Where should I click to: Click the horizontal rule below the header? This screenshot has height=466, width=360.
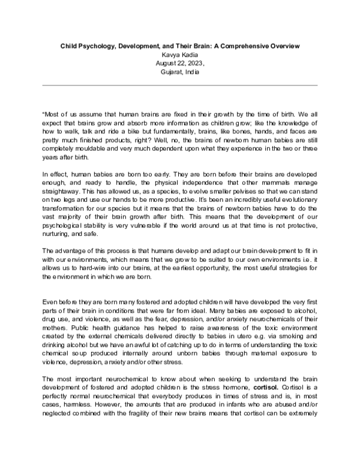(179, 85)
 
